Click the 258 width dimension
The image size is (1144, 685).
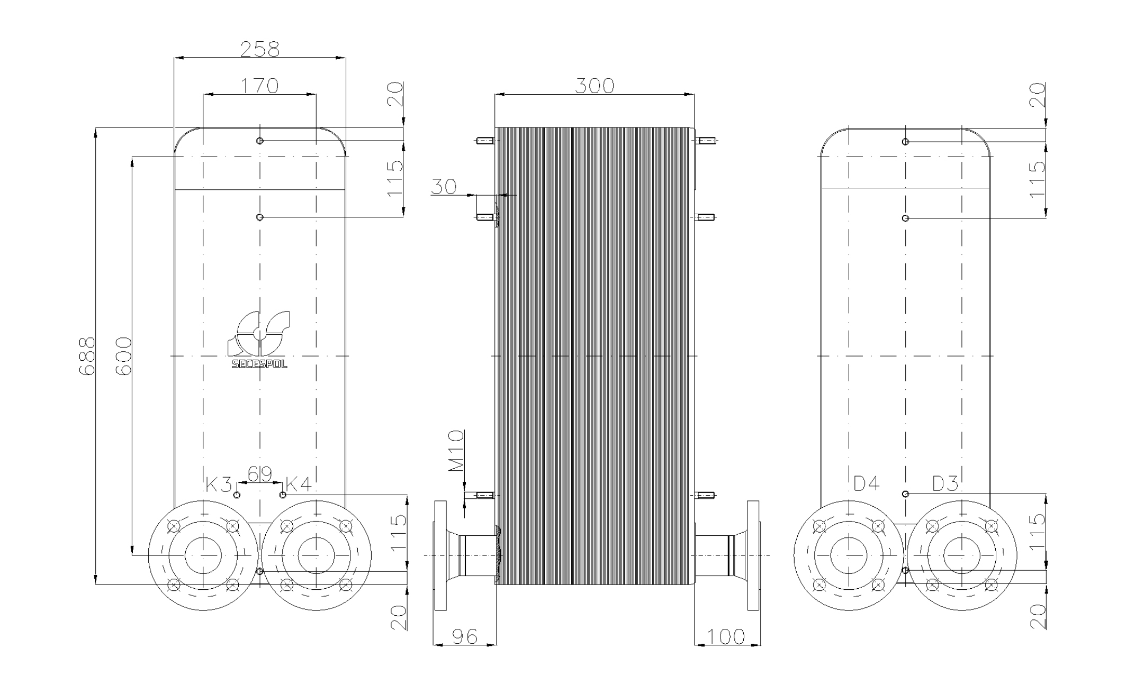[259, 49]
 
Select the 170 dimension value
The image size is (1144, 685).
[259, 85]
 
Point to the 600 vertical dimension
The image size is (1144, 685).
[123, 355]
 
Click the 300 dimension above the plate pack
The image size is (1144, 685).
[594, 85]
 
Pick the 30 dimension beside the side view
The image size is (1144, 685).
[444, 186]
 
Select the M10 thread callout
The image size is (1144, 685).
[456, 451]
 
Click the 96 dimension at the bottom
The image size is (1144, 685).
[465, 636]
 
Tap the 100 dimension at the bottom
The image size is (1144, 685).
[726, 636]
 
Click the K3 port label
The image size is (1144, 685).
[219, 483]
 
